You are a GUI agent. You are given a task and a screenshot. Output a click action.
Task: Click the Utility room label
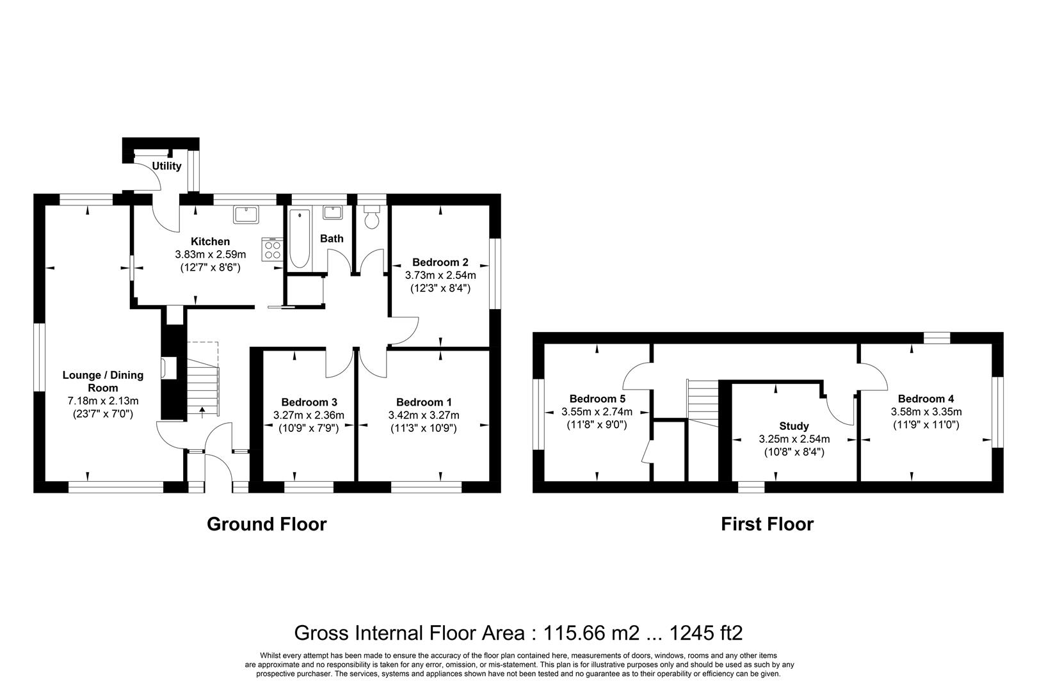(x=166, y=166)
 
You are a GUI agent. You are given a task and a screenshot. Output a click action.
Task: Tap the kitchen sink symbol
(x=245, y=213)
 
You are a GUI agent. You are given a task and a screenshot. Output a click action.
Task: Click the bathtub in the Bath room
(x=299, y=239)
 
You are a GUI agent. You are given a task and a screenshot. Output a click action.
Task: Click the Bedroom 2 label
(x=440, y=262)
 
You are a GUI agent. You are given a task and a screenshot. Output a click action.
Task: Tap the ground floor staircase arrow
(x=203, y=409)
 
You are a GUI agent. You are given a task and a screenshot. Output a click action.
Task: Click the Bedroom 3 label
(x=309, y=402)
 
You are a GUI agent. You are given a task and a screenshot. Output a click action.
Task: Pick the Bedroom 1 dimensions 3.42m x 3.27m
(x=424, y=415)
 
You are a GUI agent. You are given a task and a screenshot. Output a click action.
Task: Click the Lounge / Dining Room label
(x=103, y=381)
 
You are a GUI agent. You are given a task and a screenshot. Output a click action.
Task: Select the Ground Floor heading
(x=266, y=525)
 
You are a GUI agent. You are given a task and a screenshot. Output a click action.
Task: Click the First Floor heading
(x=767, y=525)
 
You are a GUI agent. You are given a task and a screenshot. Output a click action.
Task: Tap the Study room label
(x=794, y=426)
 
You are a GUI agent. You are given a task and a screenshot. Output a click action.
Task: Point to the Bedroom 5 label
(x=597, y=399)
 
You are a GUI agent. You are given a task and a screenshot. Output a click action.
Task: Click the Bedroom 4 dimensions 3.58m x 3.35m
(x=926, y=411)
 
